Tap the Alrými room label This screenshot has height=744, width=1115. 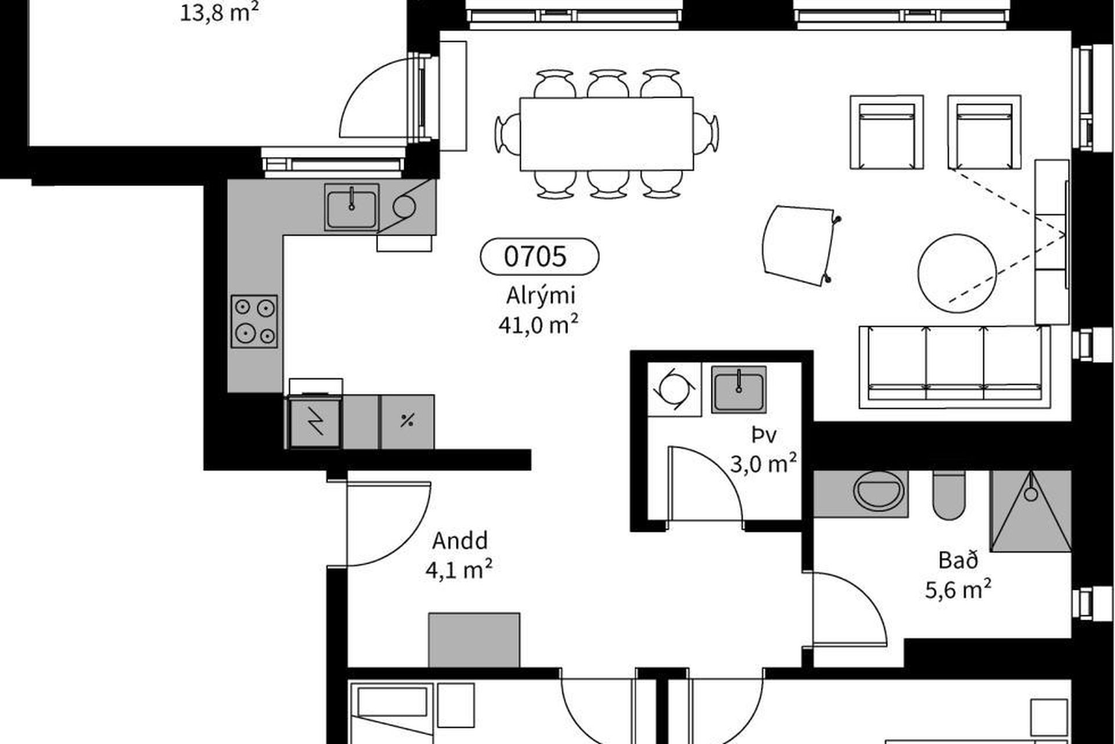[541, 296]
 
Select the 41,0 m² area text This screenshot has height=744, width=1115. [538, 324]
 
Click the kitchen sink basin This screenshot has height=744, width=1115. [351, 208]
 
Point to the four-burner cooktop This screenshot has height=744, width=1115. [254, 321]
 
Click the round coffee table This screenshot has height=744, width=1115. [957, 274]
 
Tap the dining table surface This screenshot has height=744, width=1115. [606, 134]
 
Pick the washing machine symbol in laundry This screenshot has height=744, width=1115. [674, 389]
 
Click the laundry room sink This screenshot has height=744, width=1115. [739, 389]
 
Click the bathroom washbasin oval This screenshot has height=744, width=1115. [879, 492]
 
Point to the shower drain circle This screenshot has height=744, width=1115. [1031, 494]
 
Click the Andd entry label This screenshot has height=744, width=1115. [460, 541]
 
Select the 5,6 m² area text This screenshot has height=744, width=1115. [958, 589]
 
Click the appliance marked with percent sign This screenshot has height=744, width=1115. [407, 421]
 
